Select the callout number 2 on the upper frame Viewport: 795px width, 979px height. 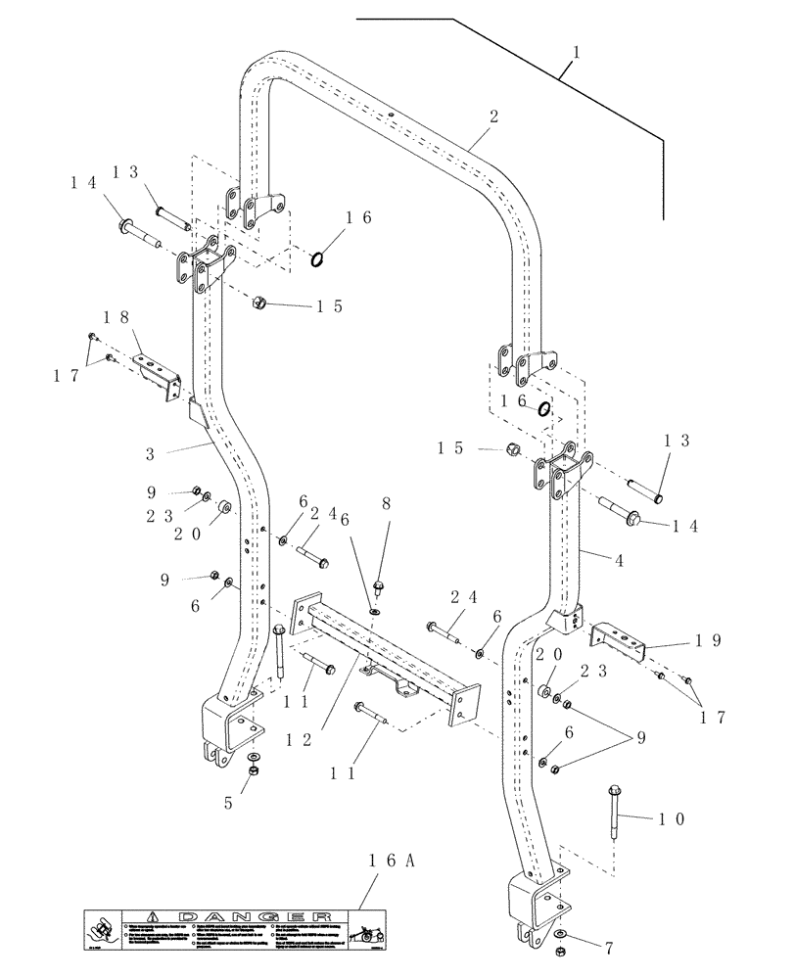493,117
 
